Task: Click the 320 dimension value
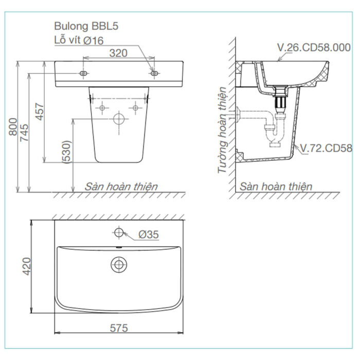click(x=118, y=52)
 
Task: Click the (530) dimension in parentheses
click(x=67, y=153)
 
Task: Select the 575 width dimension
click(x=118, y=328)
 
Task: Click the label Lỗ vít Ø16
click(x=79, y=40)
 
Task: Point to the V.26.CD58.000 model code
click(x=314, y=48)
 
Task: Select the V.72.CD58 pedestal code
click(x=326, y=149)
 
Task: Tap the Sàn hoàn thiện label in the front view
click(x=121, y=186)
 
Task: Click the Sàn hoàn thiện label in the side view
click(x=276, y=186)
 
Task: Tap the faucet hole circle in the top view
click(x=119, y=232)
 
